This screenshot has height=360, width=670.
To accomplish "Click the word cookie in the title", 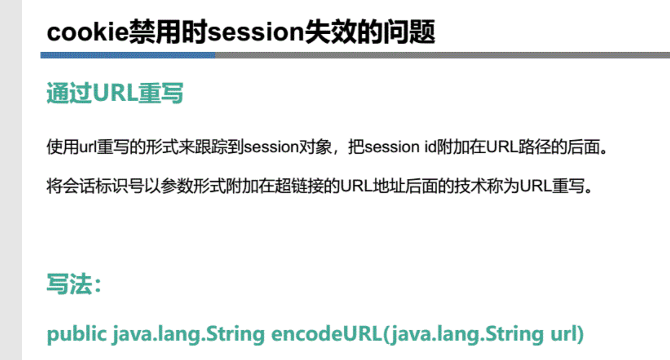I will click(x=87, y=33).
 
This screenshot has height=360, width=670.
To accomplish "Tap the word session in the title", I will click(x=256, y=33).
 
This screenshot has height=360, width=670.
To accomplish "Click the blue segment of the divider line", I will click(x=128, y=55).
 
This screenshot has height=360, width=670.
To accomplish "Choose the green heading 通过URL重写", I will click(x=115, y=94).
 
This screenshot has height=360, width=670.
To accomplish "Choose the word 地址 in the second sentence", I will click(x=387, y=187).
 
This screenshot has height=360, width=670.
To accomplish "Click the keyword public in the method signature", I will click(x=77, y=334).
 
